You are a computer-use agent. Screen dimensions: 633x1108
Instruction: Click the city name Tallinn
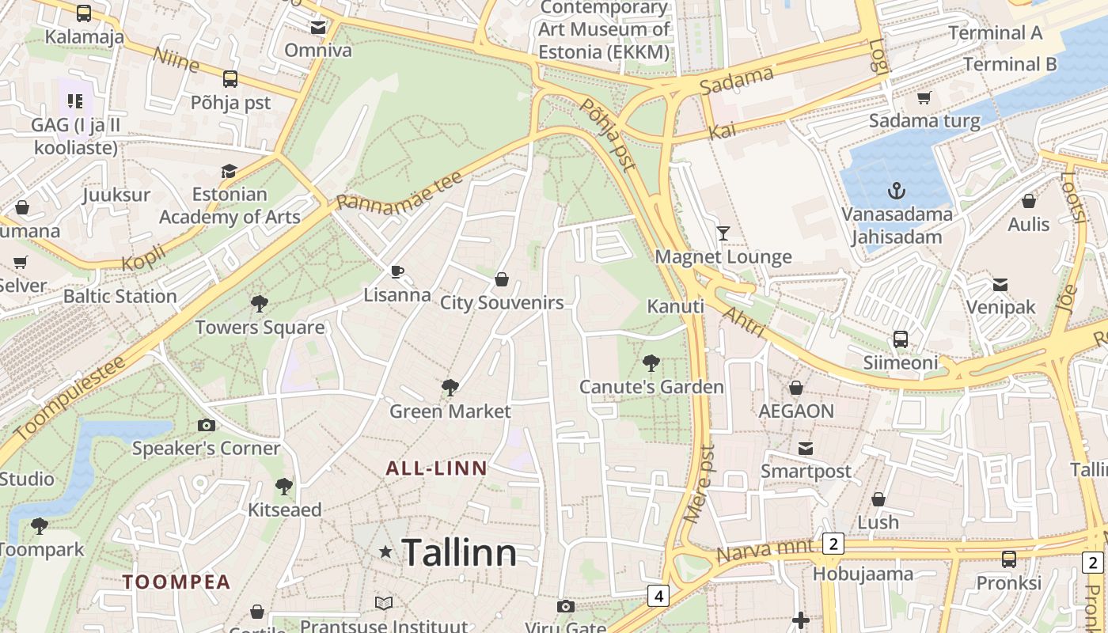click(x=459, y=552)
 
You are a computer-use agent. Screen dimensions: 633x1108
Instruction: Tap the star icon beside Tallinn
click(x=385, y=552)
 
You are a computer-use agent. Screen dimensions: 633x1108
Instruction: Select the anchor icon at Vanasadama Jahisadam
click(x=896, y=191)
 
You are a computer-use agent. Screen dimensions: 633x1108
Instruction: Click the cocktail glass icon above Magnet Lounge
click(x=723, y=233)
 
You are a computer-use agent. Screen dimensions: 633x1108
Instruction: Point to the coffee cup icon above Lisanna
click(x=397, y=272)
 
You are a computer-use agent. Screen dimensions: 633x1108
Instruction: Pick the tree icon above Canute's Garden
click(x=651, y=363)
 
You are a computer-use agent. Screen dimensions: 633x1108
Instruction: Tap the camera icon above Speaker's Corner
click(x=207, y=425)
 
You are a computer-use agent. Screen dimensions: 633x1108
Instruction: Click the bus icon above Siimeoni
click(x=900, y=339)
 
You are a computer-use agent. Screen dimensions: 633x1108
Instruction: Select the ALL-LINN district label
click(x=436, y=468)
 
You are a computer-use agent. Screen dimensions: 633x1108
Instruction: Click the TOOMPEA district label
click(x=176, y=582)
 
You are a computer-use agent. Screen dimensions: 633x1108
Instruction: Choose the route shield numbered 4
click(x=658, y=595)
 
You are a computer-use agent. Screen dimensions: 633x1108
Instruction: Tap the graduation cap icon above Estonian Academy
click(x=229, y=171)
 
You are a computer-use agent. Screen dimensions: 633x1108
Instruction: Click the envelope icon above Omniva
click(x=318, y=28)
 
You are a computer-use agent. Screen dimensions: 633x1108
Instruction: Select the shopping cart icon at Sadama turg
click(x=924, y=98)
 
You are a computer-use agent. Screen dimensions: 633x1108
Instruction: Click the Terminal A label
click(x=995, y=33)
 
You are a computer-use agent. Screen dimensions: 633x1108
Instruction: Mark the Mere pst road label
click(x=698, y=483)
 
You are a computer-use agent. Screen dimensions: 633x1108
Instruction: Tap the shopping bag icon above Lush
click(x=878, y=499)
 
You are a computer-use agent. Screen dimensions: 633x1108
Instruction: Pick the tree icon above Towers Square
click(x=259, y=303)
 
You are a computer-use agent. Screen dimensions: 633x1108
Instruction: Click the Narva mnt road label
click(x=765, y=550)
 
